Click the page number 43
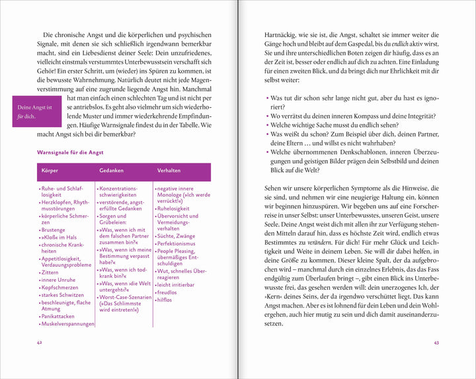436,342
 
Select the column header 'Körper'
50,171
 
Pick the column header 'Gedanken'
112,171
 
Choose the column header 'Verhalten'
169,171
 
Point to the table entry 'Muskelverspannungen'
68,325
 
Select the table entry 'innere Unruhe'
60,280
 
